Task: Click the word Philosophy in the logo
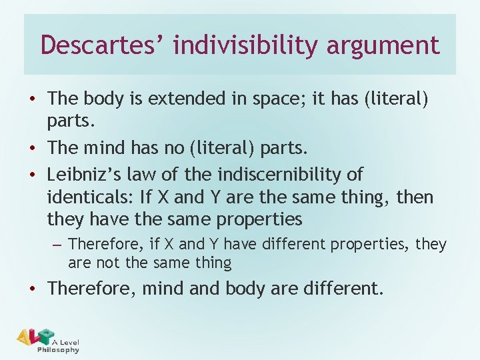click(x=58, y=350)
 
